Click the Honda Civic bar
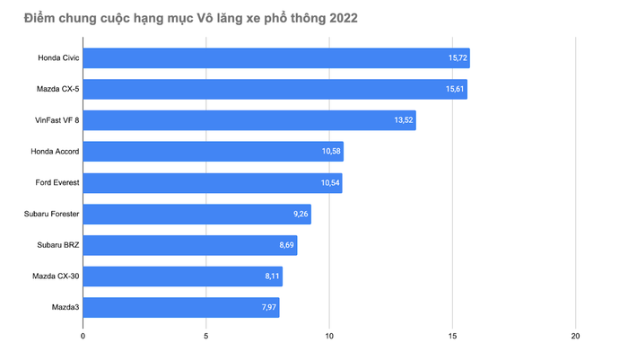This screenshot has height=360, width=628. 276,58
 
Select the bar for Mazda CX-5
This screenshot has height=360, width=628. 275,90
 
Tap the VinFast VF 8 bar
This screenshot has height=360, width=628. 249,120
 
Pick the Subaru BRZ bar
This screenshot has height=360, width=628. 190,245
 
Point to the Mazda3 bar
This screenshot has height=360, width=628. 181,308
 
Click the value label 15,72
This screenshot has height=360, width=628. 458,58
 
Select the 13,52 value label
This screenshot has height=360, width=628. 404,120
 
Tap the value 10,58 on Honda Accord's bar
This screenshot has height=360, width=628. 331,152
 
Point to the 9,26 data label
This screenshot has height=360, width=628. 301,215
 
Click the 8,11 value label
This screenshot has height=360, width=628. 272,277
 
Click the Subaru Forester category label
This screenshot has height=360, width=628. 52,215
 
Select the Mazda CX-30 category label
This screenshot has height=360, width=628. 56,277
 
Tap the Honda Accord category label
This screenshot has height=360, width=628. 55,152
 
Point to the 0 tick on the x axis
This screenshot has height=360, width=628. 83,337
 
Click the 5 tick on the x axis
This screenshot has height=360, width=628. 206,337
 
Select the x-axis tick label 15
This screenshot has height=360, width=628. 452,337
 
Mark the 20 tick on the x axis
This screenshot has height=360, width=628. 575,337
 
